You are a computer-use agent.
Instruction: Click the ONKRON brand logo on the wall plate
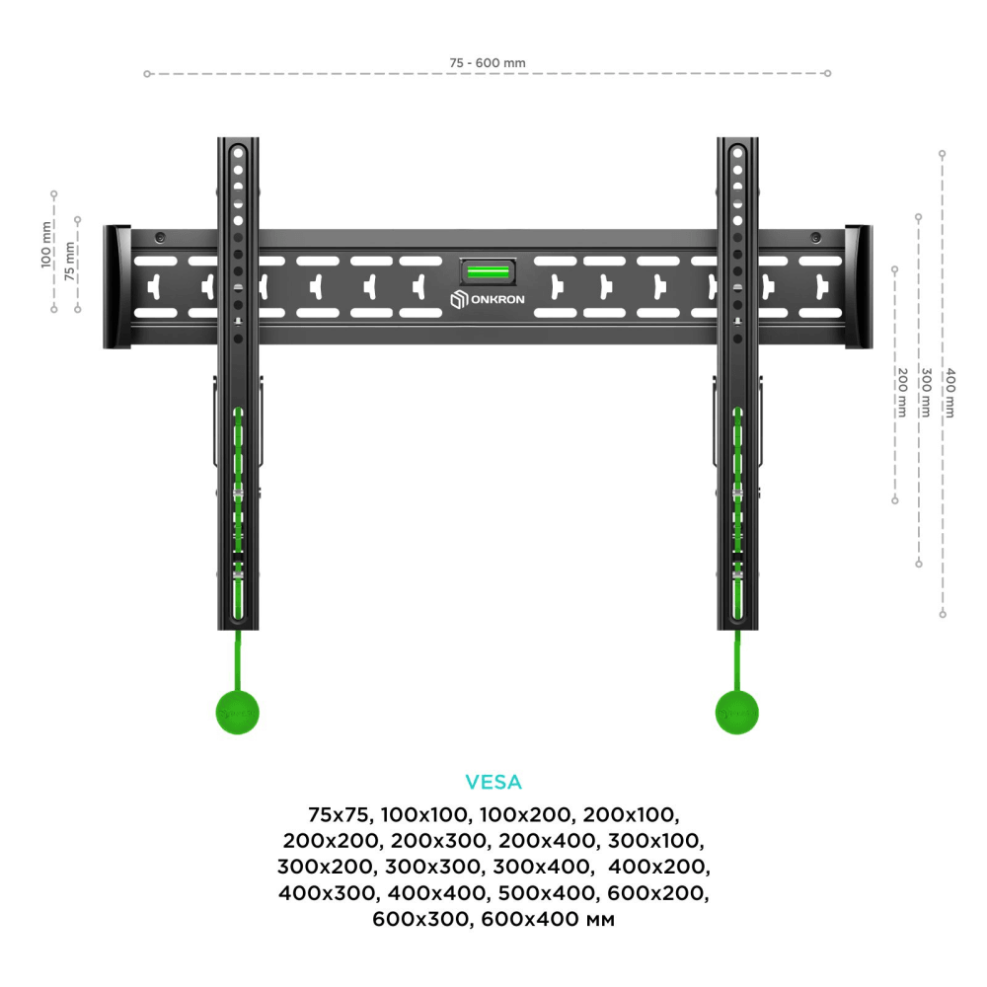click(x=489, y=300)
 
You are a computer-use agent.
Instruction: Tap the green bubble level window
click(x=489, y=270)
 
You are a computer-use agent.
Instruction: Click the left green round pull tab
click(x=238, y=710)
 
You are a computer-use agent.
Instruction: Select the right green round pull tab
click(x=737, y=710)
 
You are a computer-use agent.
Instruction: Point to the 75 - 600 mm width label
click(x=488, y=63)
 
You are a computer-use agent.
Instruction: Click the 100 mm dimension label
click(x=45, y=245)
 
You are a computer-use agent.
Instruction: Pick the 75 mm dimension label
click(x=69, y=262)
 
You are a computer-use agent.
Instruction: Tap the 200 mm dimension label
click(x=901, y=392)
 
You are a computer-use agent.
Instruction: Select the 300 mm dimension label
click(x=925, y=392)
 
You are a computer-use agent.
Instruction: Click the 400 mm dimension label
click(x=949, y=392)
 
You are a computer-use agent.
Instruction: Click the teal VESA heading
click(x=493, y=783)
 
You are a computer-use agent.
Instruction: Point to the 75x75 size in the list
click(x=339, y=815)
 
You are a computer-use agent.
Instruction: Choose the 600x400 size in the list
click(x=534, y=920)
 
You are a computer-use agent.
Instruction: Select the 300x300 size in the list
click(x=428, y=868)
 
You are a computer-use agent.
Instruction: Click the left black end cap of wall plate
click(x=117, y=287)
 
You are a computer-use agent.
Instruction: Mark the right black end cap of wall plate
click(x=858, y=287)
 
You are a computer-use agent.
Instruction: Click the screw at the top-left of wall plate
click(x=160, y=237)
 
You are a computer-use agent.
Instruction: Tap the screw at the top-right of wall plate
click(x=815, y=237)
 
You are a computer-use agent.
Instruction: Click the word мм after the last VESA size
click(x=600, y=920)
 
